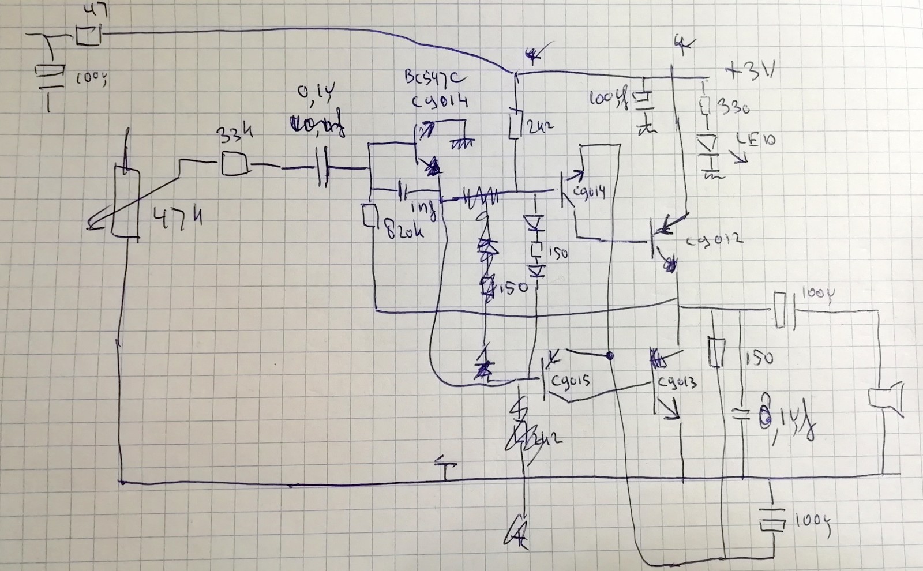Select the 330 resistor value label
point(731,107)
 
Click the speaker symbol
point(887,399)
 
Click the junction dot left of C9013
point(610,356)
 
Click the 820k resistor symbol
point(369,216)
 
